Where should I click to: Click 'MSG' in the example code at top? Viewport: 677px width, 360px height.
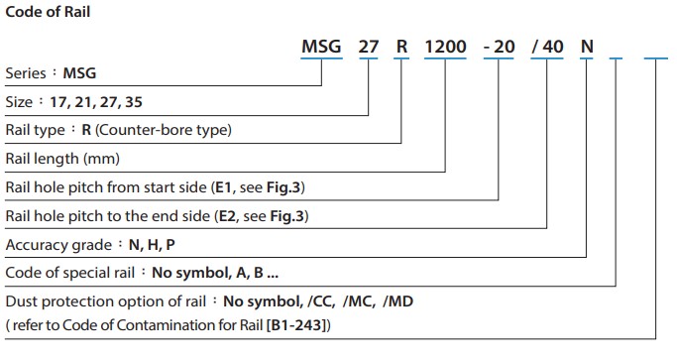coord(323,47)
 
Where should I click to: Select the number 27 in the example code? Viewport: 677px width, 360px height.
coord(368,47)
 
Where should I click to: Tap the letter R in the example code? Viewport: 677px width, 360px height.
coord(400,47)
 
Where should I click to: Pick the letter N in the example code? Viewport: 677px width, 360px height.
coord(585,47)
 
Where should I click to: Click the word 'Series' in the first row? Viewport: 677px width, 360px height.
coord(25,73)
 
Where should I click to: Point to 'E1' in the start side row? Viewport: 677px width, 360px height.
coord(223,187)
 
